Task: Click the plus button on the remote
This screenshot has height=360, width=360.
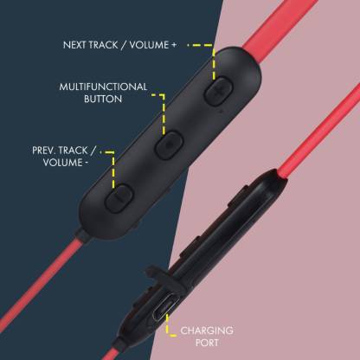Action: [x=218, y=91]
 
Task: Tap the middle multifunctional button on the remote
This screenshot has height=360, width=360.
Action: [x=170, y=145]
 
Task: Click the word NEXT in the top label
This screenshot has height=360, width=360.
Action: [x=74, y=45]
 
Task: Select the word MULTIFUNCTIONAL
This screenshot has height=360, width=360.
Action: [x=103, y=87]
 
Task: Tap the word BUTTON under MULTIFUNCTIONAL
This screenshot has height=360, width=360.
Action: [x=103, y=99]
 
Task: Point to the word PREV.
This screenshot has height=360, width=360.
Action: [x=43, y=151]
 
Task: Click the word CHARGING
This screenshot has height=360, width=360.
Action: [x=207, y=331]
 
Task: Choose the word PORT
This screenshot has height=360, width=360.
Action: [x=207, y=343]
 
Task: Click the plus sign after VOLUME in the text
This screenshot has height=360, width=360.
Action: [x=173, y=45]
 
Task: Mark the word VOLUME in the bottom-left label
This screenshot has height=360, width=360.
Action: [x=62, y=163]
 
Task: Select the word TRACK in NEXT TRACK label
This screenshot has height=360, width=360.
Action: [x=103, y=45]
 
